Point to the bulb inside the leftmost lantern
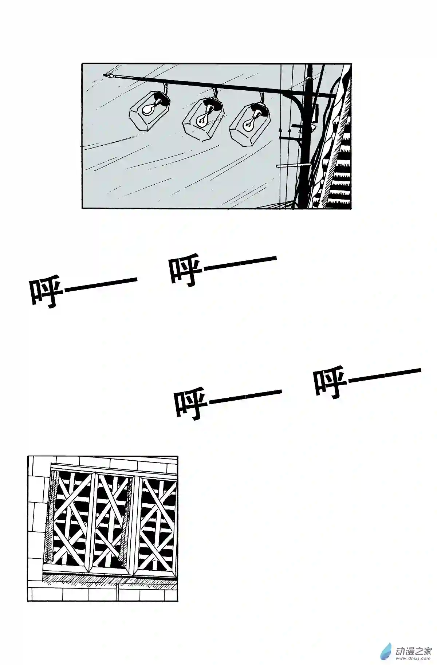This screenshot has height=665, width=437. click(x=149, y=108)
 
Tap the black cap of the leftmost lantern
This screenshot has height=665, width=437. click(x=161, y=99)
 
